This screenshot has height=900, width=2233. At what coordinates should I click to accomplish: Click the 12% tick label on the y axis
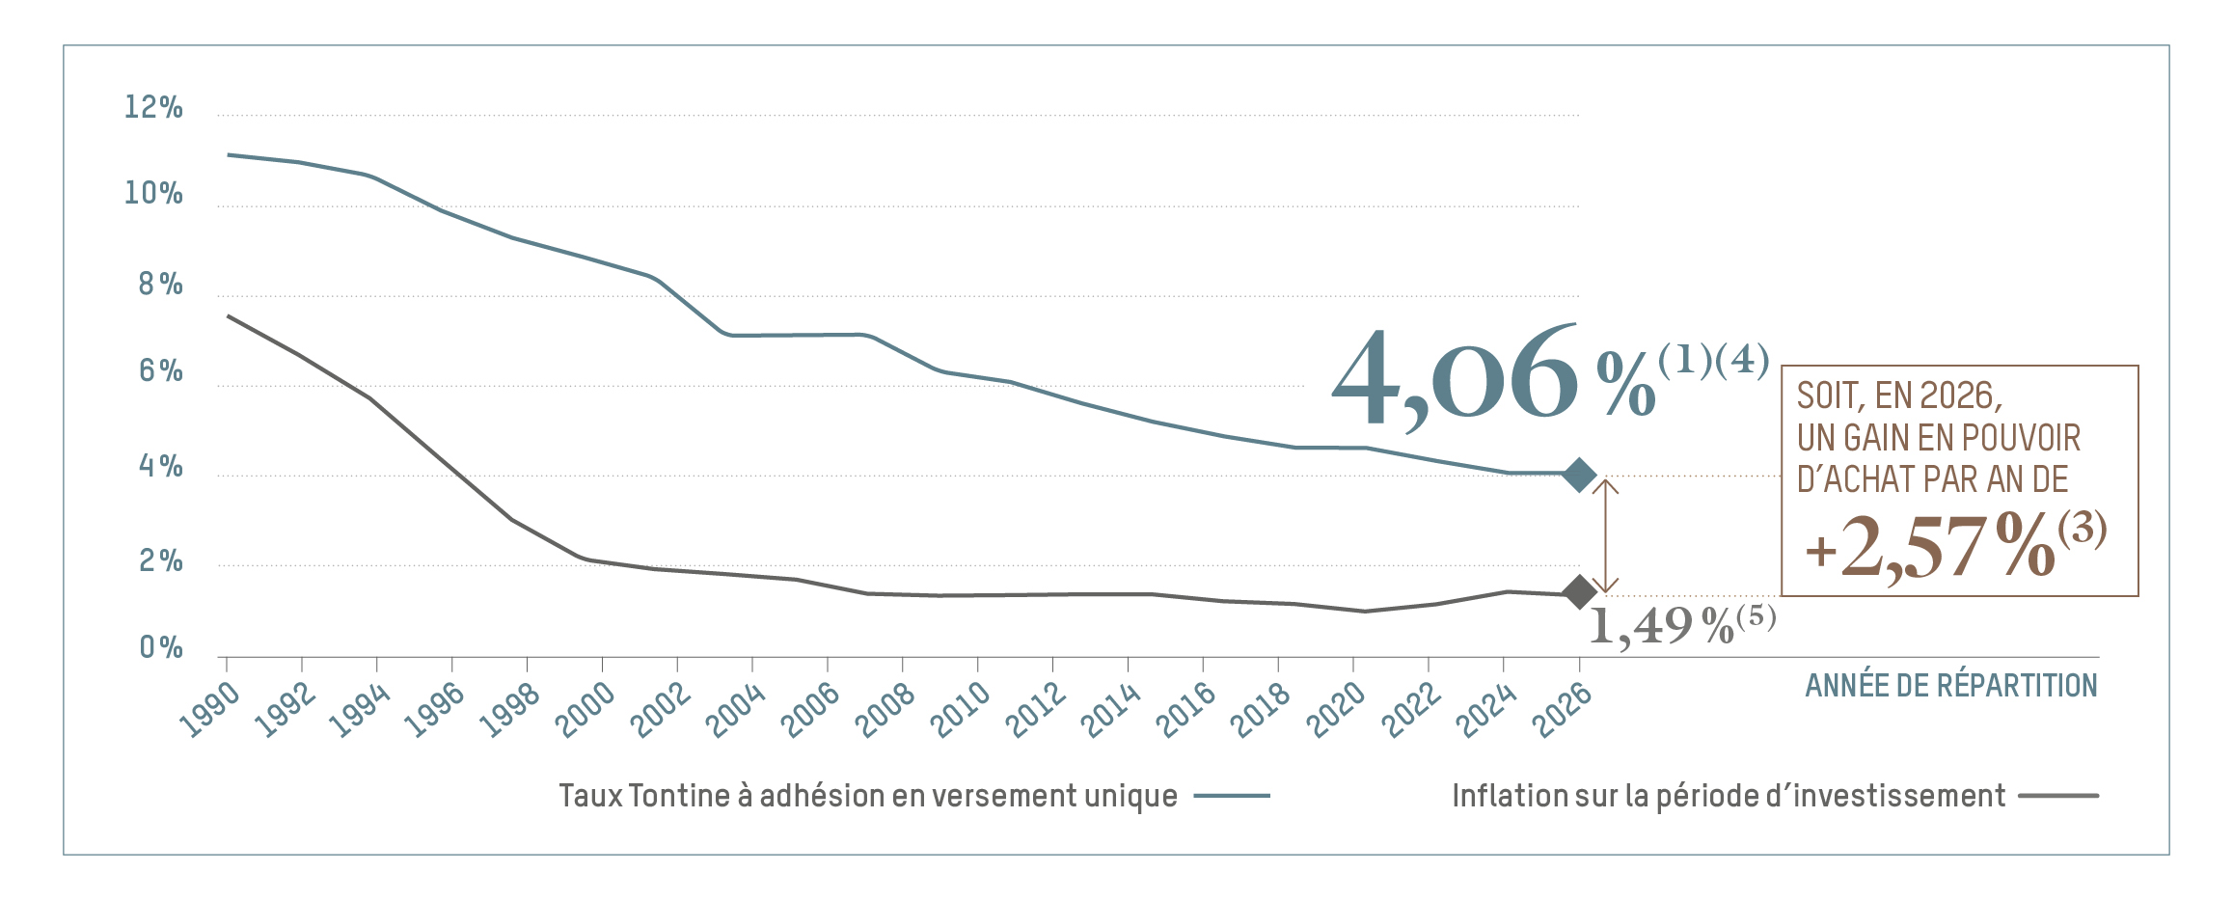click(x=153, y=107)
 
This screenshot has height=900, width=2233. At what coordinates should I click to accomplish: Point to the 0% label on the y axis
click(x=161, y=647)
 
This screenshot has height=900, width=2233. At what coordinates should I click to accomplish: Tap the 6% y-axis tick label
click(x=160, y=370)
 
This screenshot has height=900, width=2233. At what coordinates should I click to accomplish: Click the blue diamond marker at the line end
click(x=1579, y=475)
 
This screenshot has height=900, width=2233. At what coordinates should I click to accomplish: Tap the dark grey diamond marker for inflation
click(x=1579, y=592)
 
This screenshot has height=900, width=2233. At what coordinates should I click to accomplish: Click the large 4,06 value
click(x=1455, y=377)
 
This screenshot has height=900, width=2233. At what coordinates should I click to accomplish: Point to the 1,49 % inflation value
click(x=1660, y=626)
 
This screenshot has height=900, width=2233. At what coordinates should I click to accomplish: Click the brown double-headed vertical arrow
click(x=1605, y=535)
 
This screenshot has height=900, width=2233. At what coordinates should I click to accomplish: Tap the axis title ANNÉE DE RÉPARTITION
click(x=1950, y=686)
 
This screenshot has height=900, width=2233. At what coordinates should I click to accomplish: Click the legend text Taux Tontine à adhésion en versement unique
click(x=868, y=796)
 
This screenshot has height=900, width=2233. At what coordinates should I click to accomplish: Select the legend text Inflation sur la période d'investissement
click(x=1729, y=796)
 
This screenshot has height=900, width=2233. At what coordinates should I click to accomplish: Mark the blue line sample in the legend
click(x=1232, y=796)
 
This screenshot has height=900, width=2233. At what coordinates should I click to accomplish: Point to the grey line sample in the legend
click(x=2059, y=796)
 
